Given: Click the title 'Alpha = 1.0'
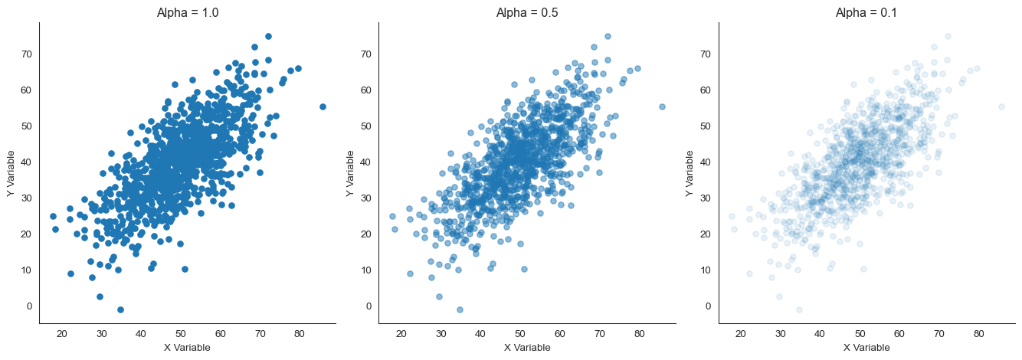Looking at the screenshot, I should coord(188,12).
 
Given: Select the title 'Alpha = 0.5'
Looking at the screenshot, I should coord(527,12).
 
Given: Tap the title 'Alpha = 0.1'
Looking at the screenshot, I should coord(867,12).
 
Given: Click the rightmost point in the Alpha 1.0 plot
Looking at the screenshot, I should coord(323,106).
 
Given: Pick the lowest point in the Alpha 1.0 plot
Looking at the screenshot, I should coord(120,309).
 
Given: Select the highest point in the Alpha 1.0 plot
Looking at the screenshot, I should coord(268,36).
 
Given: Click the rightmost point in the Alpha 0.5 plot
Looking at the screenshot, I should coord(662,106).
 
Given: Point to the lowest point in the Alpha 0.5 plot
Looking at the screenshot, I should coord(460,309).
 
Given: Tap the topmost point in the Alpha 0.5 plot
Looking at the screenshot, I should coord(608,36).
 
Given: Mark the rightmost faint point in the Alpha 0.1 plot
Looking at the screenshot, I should coord(1001,106).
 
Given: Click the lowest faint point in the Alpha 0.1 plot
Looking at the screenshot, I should coord(799,309).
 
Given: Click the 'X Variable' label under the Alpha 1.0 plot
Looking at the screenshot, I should coord(188,348).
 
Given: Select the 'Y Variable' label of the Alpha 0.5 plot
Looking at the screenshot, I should coord(350,173).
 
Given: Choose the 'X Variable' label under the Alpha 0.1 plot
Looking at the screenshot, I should coord(866,348).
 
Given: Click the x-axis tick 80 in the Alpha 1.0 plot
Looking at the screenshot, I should coord(299,334).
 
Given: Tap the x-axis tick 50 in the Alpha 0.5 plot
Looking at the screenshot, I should coord(519,334).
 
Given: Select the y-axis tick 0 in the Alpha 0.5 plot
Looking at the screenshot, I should coord(369,306).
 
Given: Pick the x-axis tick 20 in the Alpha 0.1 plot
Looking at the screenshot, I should coord(741,334).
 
